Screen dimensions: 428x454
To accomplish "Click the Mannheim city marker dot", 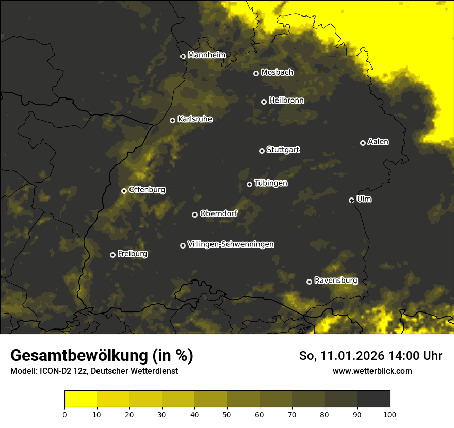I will (x=183, y=57).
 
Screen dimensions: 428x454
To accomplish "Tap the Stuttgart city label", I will (x=283, y=150).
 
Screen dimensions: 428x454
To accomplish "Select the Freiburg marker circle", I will (x=112, y=255).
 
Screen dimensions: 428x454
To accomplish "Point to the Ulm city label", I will (x=364, y=199).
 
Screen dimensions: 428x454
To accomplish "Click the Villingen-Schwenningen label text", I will (x=231, y=244).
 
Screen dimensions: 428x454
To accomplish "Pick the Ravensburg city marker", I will (x=309, y=282).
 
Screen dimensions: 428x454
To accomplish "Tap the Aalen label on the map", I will (x=378, y=142).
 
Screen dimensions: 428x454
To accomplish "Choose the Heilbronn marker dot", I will (x=264, y=102).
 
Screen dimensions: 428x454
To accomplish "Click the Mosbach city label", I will (x=277, y=72).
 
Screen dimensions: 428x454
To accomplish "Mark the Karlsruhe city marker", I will (x=172, y=120).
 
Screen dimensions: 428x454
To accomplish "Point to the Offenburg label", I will (x=147, y=190).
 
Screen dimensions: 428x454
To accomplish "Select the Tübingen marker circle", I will (x=249, y=184).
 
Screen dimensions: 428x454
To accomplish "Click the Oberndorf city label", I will (x=218, y=213).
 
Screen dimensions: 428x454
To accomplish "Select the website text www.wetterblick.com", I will (x=372, y=371).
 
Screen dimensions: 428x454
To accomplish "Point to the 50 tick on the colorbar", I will (x=227, y=414).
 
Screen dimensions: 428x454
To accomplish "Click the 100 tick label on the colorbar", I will (x=390, y=414).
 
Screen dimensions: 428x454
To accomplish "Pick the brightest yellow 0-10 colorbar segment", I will (x=81, y=399).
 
